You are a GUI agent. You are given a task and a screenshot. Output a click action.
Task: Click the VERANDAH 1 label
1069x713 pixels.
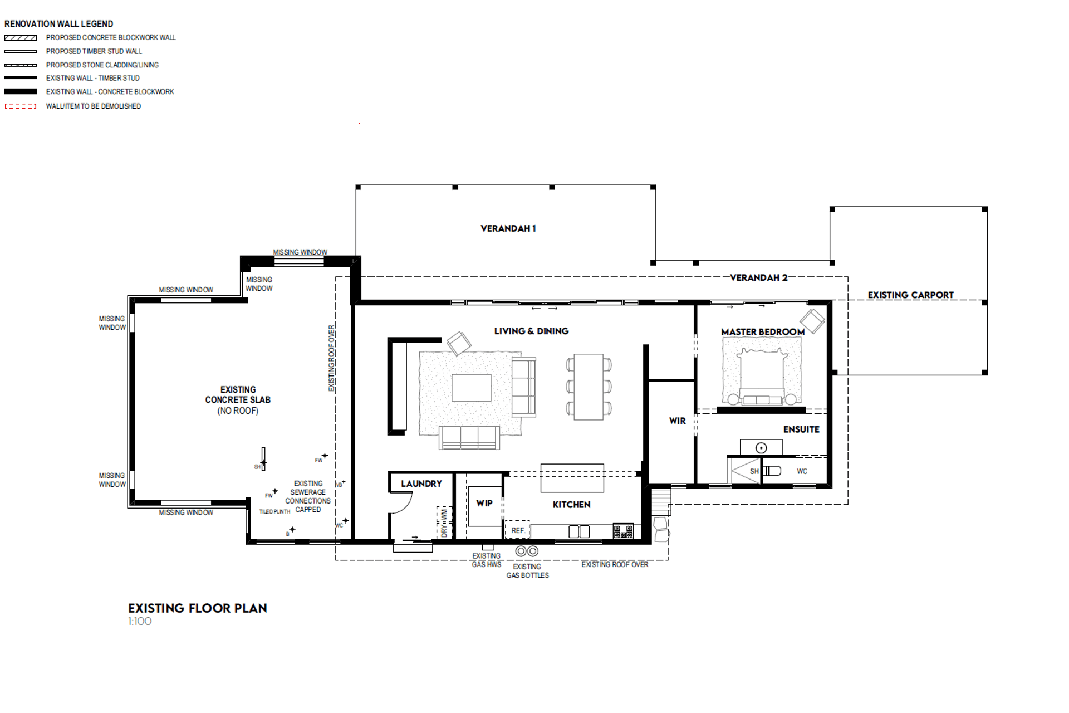pos(508,228)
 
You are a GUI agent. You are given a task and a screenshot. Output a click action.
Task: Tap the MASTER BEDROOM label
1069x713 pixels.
pos(762,332)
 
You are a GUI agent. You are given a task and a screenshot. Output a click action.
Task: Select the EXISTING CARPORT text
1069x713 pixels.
pos(910,295)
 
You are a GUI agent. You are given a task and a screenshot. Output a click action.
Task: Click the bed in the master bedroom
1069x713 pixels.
pos(762,376)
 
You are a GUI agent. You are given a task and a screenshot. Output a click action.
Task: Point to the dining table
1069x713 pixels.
pos(589,387)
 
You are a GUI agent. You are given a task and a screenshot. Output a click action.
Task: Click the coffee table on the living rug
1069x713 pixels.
pos(471,388)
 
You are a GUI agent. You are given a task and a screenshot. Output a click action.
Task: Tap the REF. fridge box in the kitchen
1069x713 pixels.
pos(517,530)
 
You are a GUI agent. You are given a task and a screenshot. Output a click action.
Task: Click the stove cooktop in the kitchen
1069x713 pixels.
pos(623,531)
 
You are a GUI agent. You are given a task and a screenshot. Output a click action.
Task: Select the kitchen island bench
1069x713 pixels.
pos(572,478)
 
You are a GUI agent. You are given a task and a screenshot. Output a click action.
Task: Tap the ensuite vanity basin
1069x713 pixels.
pos(761,447)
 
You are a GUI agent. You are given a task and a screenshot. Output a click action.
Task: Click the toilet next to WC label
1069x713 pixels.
pos(772,471)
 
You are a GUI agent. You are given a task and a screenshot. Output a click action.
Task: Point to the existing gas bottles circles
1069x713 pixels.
pos(527,551)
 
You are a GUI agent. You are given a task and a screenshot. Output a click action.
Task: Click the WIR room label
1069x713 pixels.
pos(677,421)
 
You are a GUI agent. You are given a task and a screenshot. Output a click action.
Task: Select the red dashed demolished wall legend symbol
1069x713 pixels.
pos(21,106)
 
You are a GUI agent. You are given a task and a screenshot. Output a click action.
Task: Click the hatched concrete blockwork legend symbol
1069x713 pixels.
pos(21,38)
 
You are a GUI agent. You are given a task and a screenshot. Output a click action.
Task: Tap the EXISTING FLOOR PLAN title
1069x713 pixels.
pos(197,608)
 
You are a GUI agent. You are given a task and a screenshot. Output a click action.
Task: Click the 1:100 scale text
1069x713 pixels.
pos(139,622)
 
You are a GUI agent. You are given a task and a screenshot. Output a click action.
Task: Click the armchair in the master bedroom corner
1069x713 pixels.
pos(812,321)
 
